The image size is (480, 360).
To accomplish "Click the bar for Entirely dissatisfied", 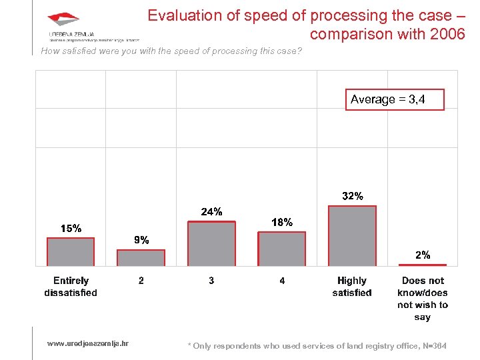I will coord(70,252).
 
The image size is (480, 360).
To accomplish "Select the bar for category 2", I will coord(141,258).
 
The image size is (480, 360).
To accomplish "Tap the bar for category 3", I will coord(211,244).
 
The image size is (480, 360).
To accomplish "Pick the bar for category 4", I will coord(282,249).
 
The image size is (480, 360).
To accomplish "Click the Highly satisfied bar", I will coord(352,236).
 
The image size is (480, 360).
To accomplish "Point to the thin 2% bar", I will coord(423,265).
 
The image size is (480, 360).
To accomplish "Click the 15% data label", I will coord(71,229).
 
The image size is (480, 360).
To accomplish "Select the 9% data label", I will coord(141,240).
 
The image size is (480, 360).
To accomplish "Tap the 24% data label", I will coord(211,212).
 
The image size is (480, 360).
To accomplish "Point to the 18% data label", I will coord(282,223).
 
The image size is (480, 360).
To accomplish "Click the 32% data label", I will coord(353,196).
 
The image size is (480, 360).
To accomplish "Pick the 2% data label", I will coord(423,255).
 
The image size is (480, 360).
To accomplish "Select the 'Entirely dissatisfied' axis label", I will coord(71,287).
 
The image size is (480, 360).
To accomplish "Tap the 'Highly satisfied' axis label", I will coord(352,287).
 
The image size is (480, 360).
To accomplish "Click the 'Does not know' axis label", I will coord(423,299).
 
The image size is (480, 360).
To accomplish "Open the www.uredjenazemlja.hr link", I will coord(88,343).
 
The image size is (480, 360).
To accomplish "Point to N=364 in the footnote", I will coord(435,345).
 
